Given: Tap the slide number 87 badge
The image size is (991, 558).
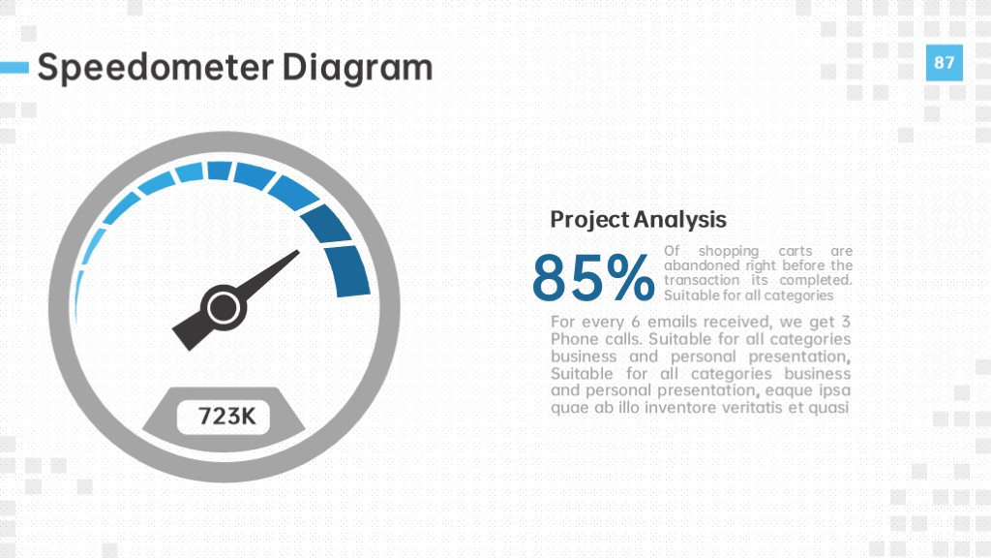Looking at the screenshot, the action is click(x=945, y=63).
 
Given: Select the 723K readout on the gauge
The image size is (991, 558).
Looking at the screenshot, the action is click(x=226, y=417).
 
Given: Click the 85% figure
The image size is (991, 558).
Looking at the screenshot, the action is click(x=593, y=278).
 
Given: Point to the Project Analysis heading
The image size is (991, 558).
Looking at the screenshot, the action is click(x=639, y=220).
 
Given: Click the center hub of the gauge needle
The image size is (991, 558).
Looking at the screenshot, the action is click(x=224, y=308).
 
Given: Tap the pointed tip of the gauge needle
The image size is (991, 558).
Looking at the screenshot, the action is click(x=298, y=251).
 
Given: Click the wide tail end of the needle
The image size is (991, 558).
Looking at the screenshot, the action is click(x=182, y=338).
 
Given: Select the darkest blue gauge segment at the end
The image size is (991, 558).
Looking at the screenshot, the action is click(x=347, y=271).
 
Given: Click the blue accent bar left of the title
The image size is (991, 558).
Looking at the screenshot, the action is click(x=15, y=68).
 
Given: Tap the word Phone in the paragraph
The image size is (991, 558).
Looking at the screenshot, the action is click(x=573, y=339).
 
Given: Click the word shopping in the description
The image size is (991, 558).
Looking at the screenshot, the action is click(x=728, y=251).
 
